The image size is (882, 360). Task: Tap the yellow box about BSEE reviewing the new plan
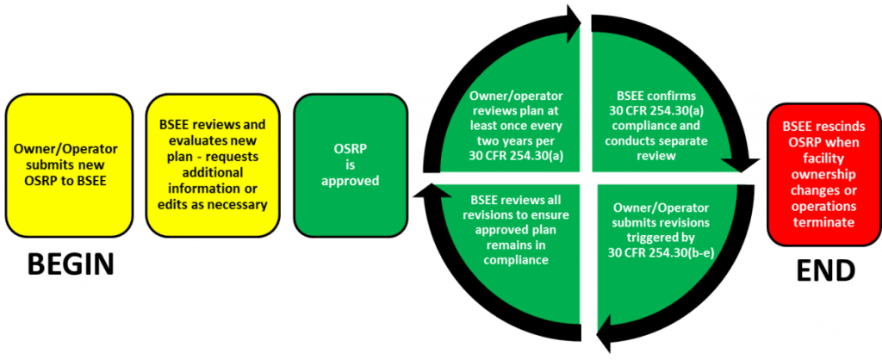212,166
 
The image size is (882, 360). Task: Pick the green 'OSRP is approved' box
350,165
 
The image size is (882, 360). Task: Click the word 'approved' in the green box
350,182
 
